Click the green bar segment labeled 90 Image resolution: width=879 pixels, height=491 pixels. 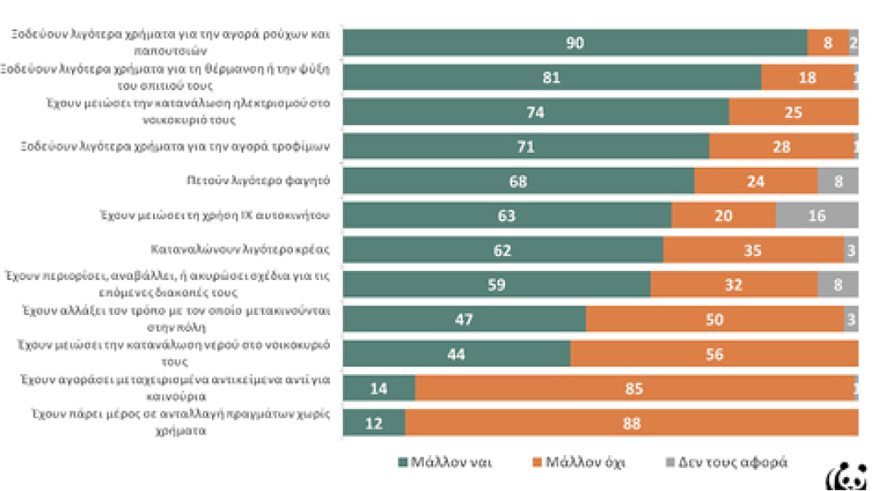575,43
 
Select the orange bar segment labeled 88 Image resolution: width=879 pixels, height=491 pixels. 631,423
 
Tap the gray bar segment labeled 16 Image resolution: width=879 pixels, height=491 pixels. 816,215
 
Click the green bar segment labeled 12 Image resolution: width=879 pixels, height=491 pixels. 374,423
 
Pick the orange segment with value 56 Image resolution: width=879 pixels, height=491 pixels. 714,354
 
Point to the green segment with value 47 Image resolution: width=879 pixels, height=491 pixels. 464,319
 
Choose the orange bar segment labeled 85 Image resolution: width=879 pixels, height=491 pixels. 634,388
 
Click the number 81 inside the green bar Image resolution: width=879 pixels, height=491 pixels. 552,78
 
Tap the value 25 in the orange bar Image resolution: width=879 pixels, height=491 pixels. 793,112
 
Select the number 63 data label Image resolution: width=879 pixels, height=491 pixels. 507,216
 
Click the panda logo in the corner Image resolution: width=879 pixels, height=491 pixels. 851,476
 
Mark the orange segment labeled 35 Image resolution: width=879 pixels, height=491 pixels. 753,250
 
